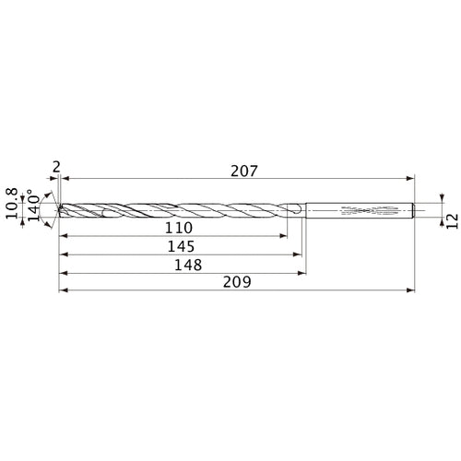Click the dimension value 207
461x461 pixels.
coord(243,171)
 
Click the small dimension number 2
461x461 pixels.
coord(57,166)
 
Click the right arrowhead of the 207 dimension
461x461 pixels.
coord(411,178)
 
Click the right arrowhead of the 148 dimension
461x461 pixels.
coord(302,274)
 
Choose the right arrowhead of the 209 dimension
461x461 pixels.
coord(411,291)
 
